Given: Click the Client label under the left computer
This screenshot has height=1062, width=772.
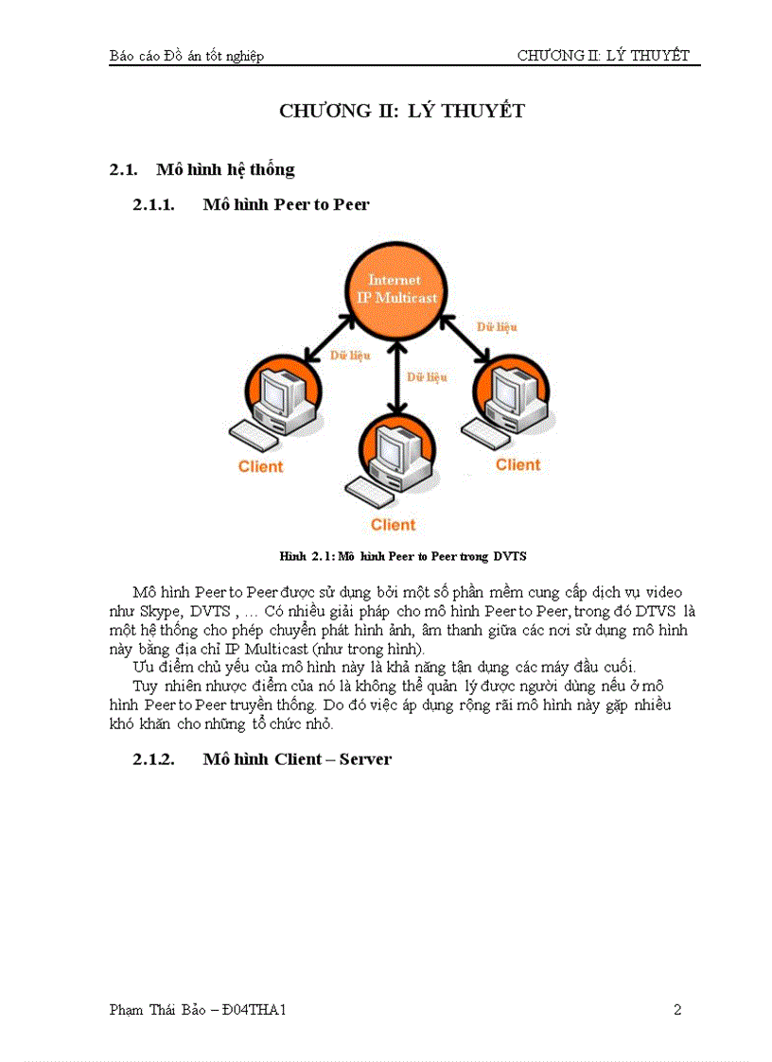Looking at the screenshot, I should (260, 466).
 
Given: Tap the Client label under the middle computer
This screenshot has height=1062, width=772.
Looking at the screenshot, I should (393, 525).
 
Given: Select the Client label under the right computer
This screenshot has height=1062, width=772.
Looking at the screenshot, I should (518, 464).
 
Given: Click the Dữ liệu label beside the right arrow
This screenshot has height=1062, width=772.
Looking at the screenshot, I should (496, 326).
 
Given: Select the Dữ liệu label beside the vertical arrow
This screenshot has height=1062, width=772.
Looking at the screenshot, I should (427, 376).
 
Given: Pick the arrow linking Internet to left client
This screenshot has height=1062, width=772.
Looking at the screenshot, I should (330, 339).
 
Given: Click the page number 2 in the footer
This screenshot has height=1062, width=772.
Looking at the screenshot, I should (676, 1010).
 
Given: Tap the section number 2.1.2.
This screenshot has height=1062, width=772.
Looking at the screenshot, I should (153, 759).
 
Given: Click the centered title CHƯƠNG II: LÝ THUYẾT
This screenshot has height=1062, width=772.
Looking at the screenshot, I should (401, 112).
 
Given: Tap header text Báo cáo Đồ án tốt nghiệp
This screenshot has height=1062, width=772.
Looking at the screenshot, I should (186, 56).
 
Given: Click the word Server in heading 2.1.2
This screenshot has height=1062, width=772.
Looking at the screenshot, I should (364, 759).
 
